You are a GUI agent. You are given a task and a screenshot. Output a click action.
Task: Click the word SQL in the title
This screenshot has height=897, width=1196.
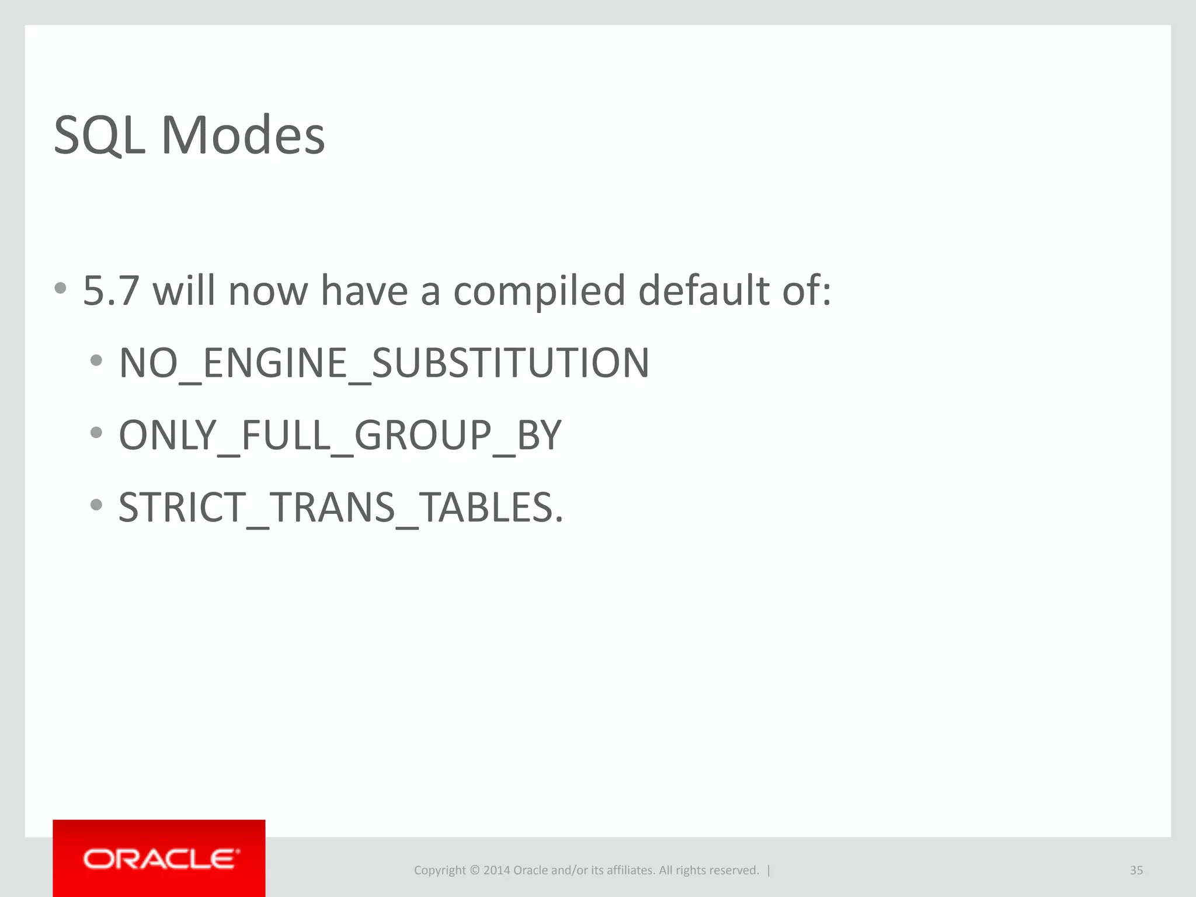[x=99, y=135]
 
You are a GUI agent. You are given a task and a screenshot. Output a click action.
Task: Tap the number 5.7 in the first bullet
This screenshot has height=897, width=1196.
[x=111, y=291]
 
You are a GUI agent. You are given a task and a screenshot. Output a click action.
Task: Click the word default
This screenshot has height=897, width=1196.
[x=704, y=291]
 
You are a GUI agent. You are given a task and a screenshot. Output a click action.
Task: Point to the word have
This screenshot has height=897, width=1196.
[x=364, y=291]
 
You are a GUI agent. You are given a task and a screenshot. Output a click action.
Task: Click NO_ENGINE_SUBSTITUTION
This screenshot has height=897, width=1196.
[x=384, y=363]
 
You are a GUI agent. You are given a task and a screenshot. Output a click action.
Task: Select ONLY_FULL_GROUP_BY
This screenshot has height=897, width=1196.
[x=340, y=436]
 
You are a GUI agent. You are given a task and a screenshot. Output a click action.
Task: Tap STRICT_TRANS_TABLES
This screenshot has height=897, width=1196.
[x=340, y=507]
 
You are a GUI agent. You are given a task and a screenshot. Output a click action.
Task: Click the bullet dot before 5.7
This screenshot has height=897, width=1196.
[x=60, y=288]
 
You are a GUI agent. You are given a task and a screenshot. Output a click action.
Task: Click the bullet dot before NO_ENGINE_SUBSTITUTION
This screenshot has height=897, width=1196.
[x=96, y=360]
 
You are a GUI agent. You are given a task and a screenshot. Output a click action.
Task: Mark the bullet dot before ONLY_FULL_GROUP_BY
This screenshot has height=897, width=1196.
[x=96, y=433]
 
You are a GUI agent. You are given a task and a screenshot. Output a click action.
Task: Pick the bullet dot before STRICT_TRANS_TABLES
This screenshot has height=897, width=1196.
[x=96, y=504]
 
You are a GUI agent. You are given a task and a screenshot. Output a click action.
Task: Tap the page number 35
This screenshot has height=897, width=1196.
[x=1136, y=871]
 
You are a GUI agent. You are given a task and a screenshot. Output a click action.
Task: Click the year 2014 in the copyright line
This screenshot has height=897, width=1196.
[x=496, y=871]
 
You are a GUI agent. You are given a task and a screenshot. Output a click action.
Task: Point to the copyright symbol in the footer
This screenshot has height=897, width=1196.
[x=474, y=871]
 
